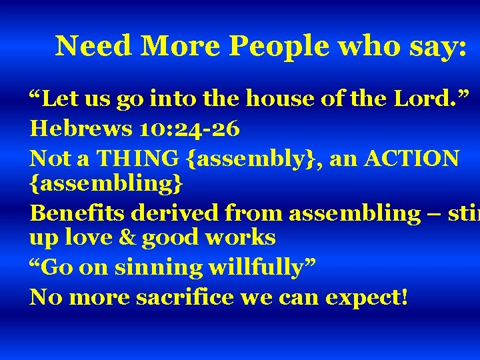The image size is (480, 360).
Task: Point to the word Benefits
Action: point(78,213)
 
